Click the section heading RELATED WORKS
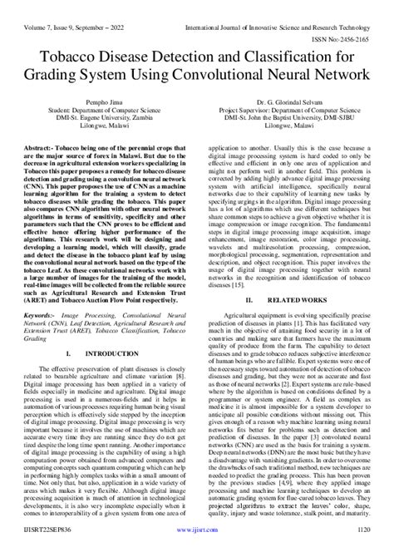(x=291, y=298)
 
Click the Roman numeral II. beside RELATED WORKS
(x=249, y=298)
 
